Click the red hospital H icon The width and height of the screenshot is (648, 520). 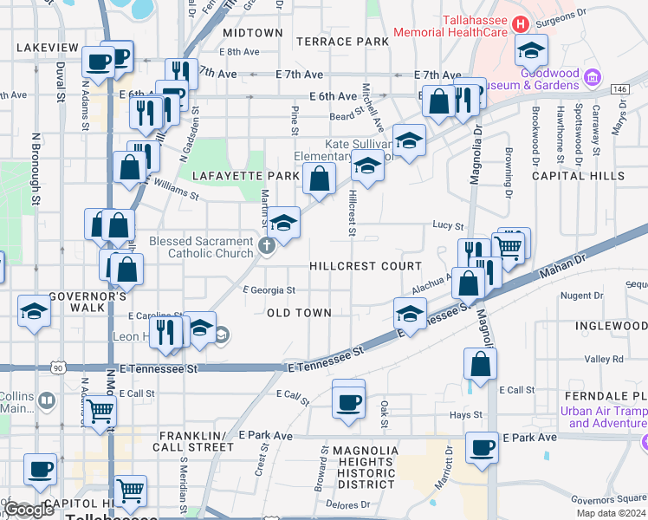click(522, 23)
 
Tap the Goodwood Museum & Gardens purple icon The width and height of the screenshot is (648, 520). click(593, 77)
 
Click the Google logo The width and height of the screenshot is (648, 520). click(29, 510)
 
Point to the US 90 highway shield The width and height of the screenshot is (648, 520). click(57, 367)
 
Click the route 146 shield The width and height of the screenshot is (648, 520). click(619, 88)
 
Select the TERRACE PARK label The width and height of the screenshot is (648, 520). click(342, 41)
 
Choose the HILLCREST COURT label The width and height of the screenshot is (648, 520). click(366, 266)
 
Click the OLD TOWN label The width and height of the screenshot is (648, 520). click(298, 312)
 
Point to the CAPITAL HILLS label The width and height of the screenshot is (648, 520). click(578, 176)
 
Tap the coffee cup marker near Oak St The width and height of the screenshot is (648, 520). click(349, 401)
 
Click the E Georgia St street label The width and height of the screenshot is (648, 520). click(269, 290)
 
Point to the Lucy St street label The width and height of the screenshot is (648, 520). click(448, 224)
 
